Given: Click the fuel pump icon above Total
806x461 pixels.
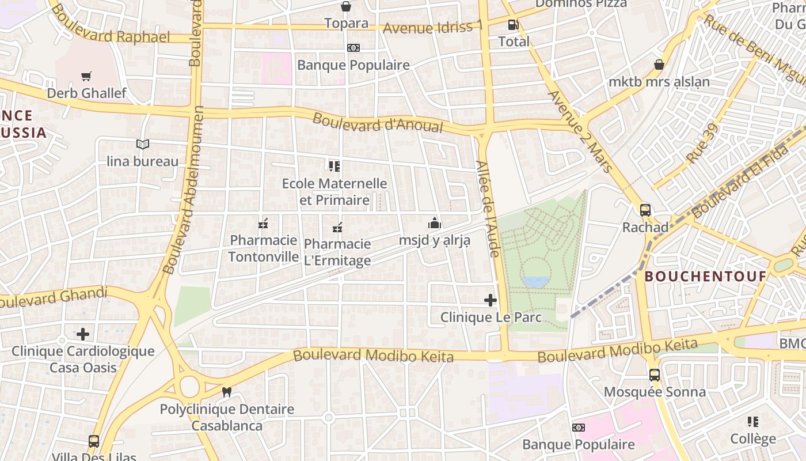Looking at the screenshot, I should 513,25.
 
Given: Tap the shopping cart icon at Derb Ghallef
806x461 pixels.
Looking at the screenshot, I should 86,76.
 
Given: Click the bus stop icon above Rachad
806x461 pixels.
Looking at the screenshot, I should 645,210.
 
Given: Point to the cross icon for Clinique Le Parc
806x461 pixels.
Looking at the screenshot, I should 491,300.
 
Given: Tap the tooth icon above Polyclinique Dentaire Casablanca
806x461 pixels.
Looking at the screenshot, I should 227,392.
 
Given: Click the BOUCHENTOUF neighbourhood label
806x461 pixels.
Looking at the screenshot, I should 705,277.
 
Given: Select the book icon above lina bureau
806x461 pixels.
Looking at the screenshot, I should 143,144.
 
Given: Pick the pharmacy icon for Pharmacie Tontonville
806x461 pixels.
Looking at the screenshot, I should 264,224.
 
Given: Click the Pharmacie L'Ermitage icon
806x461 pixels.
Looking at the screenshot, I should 337,228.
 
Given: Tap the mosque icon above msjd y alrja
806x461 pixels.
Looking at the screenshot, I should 435,224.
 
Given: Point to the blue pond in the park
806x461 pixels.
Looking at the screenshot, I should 535,282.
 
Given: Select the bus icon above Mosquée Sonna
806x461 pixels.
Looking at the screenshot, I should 655,375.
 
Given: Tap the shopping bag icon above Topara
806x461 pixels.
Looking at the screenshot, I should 346,6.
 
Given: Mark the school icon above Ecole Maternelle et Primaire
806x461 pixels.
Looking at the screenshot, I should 334,167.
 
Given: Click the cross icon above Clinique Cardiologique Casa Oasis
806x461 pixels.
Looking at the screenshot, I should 83,334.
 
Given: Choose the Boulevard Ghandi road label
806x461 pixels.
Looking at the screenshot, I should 55,297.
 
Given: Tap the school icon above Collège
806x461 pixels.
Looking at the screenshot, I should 753,422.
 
